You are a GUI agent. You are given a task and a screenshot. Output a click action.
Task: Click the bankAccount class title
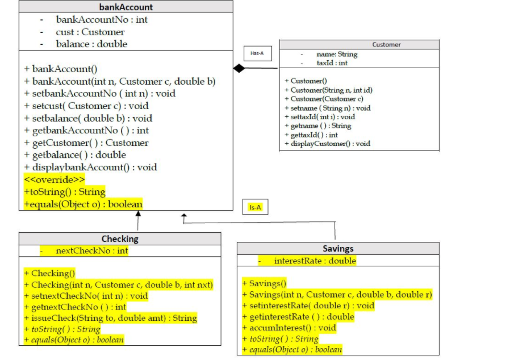click(126, 7)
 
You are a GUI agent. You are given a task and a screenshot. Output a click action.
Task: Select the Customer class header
click(386, 44)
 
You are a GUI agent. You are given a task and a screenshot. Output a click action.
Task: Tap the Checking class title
click(120, 238)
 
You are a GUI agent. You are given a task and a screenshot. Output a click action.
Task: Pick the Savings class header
click(337, 249)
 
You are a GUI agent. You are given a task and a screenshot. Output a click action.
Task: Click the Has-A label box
click(257, 53)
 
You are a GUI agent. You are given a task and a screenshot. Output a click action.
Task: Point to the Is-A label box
click(255, 207)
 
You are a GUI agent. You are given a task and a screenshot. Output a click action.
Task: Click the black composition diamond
click(239, 69)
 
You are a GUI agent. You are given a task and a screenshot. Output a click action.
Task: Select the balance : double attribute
click(91, 44)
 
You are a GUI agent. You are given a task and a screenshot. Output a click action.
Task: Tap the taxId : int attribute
click(332, 63)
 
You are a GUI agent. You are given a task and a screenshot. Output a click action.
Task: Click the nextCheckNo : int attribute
click(91, 250)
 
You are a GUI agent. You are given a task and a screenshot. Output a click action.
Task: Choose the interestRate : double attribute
click(315, 261)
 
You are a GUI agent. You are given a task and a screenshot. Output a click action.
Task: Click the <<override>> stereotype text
click(55, 179)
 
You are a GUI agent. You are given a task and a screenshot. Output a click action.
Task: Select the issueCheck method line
click(110, 318)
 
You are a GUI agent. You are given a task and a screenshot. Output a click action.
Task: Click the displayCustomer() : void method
click(327, 144)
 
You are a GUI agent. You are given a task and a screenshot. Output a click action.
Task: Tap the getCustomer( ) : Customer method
click(86, 143)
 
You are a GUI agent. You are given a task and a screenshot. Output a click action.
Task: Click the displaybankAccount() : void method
click(90, 167)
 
